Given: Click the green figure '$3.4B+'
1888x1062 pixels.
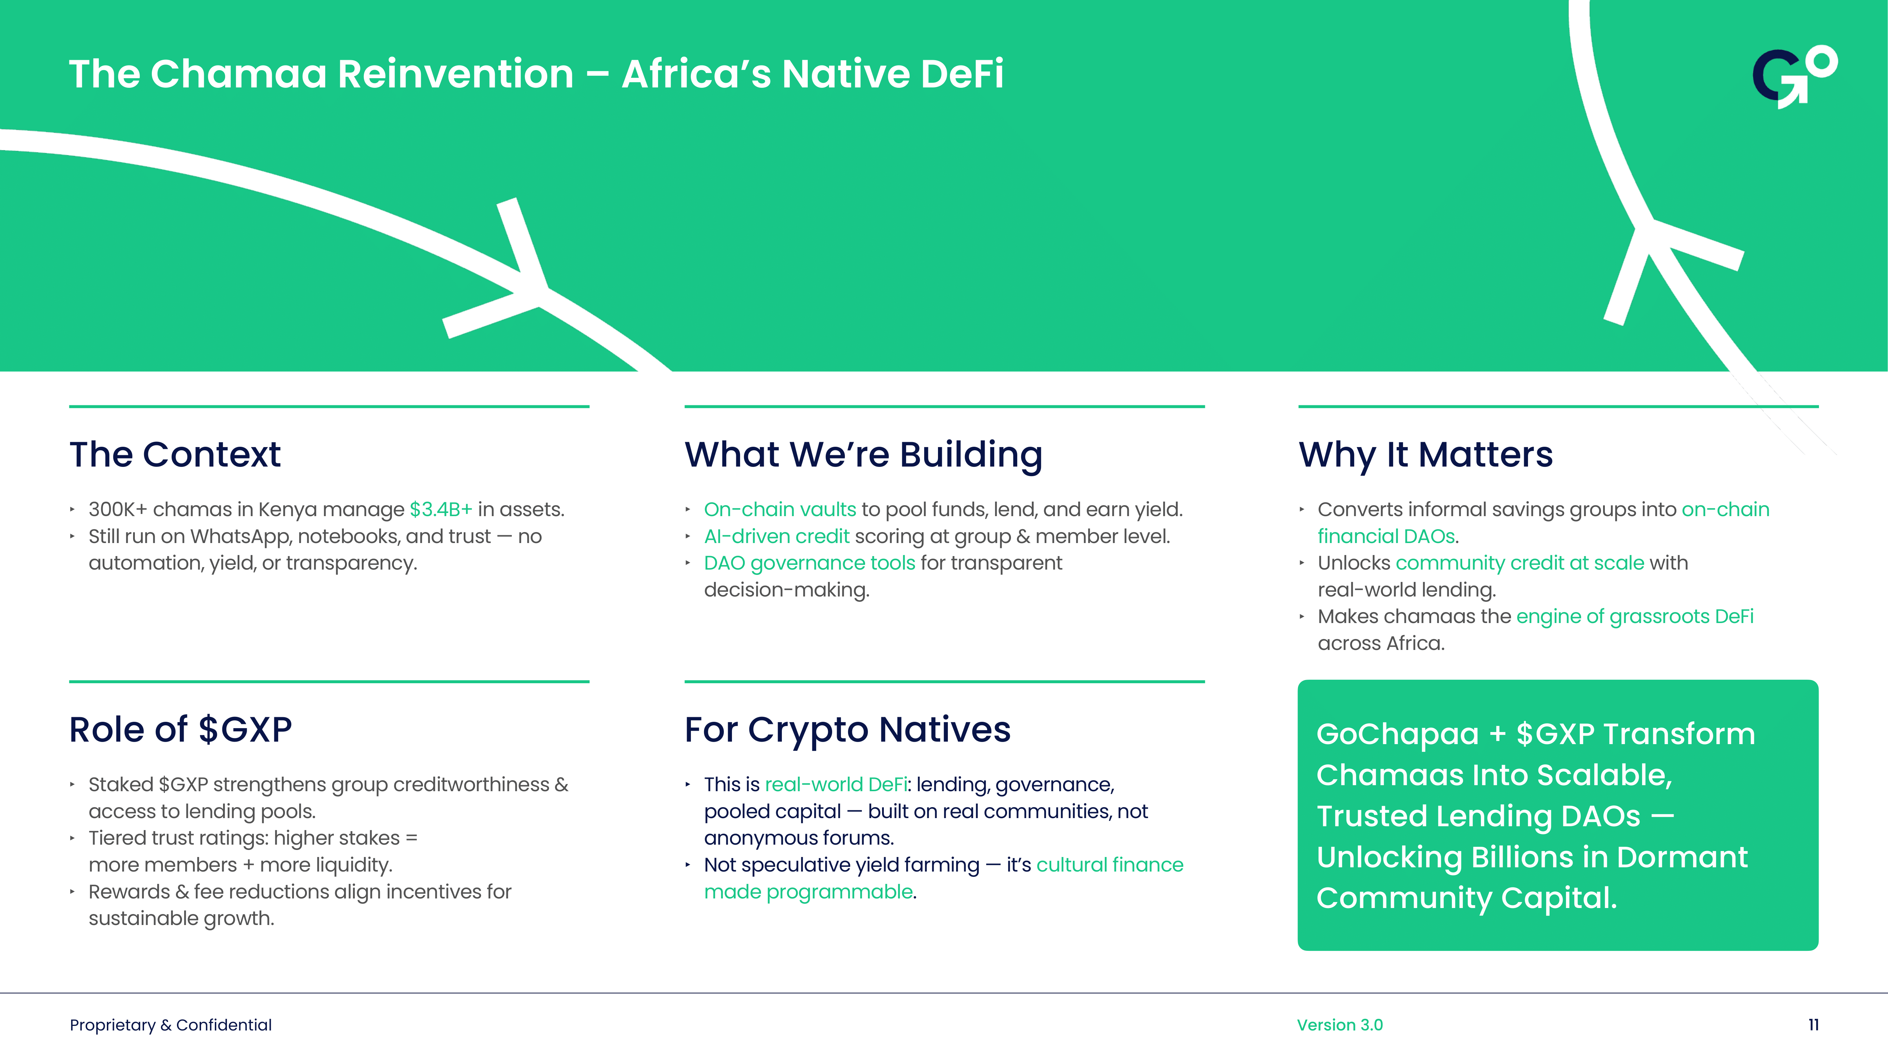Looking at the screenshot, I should coord(440,509).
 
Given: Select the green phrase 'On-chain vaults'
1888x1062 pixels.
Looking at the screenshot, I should coord(779,509).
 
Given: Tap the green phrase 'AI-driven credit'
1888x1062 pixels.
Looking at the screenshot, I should coord(776,537).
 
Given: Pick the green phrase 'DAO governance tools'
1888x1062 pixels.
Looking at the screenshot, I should coord(809,563).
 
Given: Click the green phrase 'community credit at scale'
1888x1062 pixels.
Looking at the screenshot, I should coord(1519,563).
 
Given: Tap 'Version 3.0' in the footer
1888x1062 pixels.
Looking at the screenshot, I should coord(1339,1024).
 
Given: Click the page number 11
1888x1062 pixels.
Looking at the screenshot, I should coord(1813,1024).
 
